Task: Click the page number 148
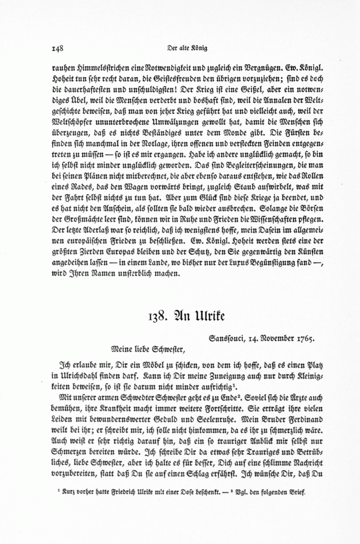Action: [58, 48]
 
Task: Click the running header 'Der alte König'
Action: [187, 48]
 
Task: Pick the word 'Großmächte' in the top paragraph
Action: [83, 220]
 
